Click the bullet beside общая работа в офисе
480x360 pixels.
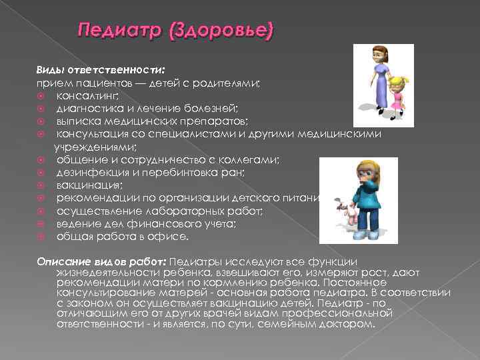[41, 235]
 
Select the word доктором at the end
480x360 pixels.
[347, 325]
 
